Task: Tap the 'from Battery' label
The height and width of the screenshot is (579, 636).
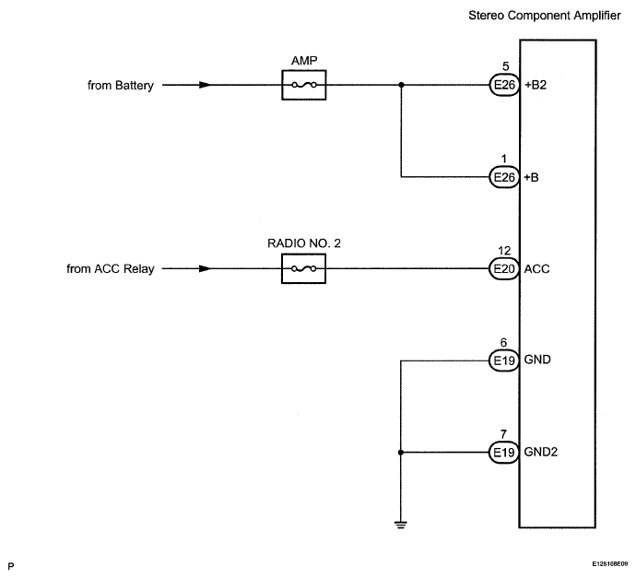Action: point(121,86)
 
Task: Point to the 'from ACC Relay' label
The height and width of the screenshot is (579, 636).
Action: point(111,269)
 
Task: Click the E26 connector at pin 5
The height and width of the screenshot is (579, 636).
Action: point(504,85)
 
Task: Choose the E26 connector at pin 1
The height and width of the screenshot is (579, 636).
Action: point(504,177)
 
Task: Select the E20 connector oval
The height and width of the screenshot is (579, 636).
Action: point(504,268)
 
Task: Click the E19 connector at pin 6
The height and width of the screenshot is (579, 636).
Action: point(504,360)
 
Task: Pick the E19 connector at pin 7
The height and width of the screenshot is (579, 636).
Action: point(504,452)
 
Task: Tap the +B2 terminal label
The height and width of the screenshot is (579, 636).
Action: point(536,85)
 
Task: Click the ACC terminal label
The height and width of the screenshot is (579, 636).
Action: point(536,269)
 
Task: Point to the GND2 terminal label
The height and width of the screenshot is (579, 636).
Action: point(541,452)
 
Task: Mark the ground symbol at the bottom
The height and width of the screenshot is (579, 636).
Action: point(400,525)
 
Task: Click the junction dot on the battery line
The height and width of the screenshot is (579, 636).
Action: point(401,85)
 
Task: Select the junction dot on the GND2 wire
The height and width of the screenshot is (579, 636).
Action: point(401,453)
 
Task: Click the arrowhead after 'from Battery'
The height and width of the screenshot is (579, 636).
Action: point(205,85)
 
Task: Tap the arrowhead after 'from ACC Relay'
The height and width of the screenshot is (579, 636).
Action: point(205,268)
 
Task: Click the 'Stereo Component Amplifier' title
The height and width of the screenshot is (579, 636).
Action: point(545,16)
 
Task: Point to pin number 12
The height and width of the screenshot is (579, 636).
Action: point(504,251)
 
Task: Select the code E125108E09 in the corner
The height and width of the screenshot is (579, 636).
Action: point(609,564)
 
